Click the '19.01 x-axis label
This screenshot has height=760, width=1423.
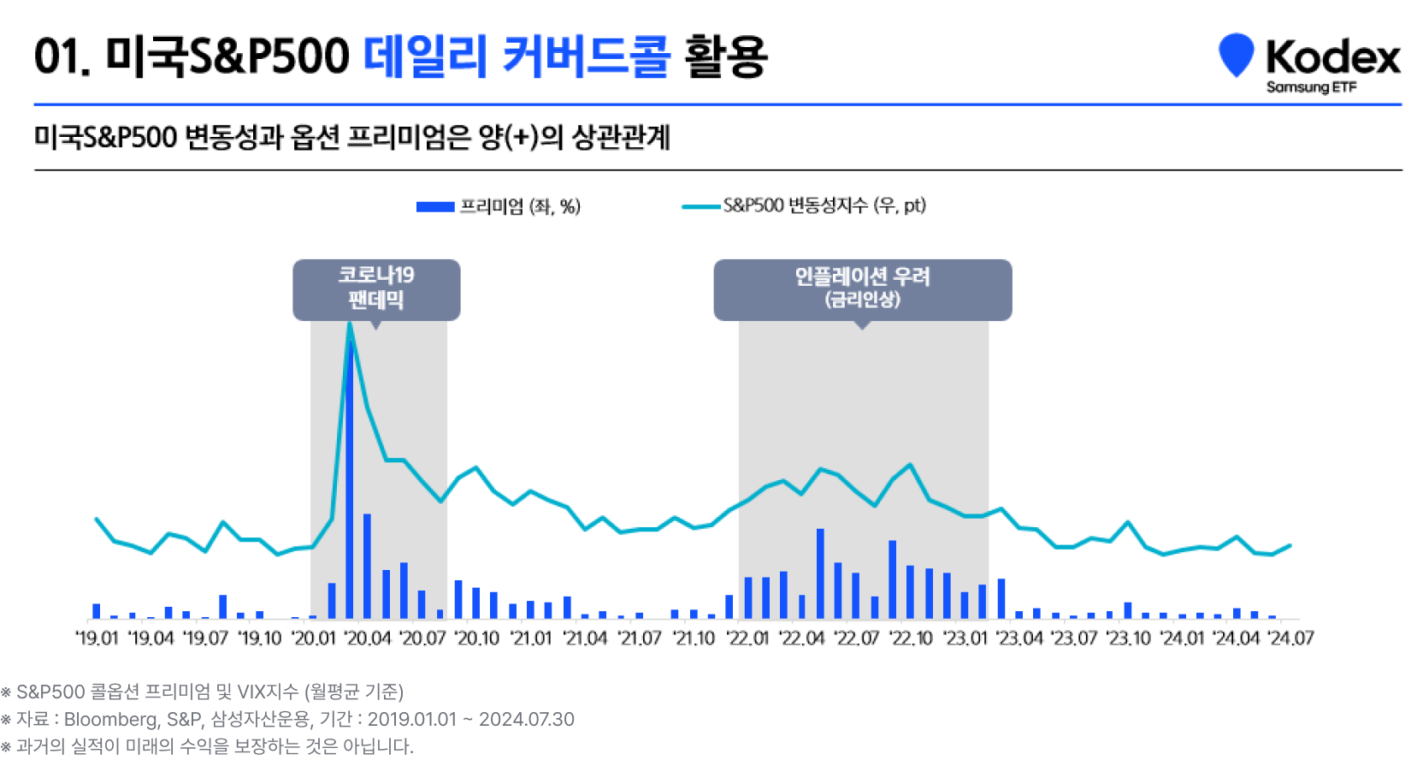pyautogui.click(x=96, y=638)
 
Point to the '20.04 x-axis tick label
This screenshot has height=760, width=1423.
pyautogui.click(x=368, y=638)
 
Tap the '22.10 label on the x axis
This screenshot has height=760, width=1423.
pyautogui.click(x=911, y=638)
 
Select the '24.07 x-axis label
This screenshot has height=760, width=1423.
pyautogui.click(x=1290, y=638)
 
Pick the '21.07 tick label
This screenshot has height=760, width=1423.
pyautogui.click(x=640, y=638)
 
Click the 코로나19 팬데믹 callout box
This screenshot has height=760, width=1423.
pyautogui.click(x=376, y=289)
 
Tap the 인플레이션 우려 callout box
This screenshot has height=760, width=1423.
pyautogui.click(x=862, y=289)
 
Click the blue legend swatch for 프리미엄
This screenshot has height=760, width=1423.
pyautogui.click(x=434, y=206)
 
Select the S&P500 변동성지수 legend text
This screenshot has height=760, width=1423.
pyautogui.click(x=824, y=205)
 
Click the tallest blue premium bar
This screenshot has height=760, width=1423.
pyautogui.click(x=349, y=479)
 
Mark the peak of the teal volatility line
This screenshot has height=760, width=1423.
pyautogui.click(x=350, y=324)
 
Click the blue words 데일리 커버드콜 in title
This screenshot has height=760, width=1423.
pyautogui.click(x=517, y=56)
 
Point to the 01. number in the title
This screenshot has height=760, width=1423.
pyautogui.click(x=62, y=56)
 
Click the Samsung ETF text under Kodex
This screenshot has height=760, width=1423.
pyautogui.click(x=1311, y=87)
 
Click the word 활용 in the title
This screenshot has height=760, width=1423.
pyautogui.click(x=725, y=56)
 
